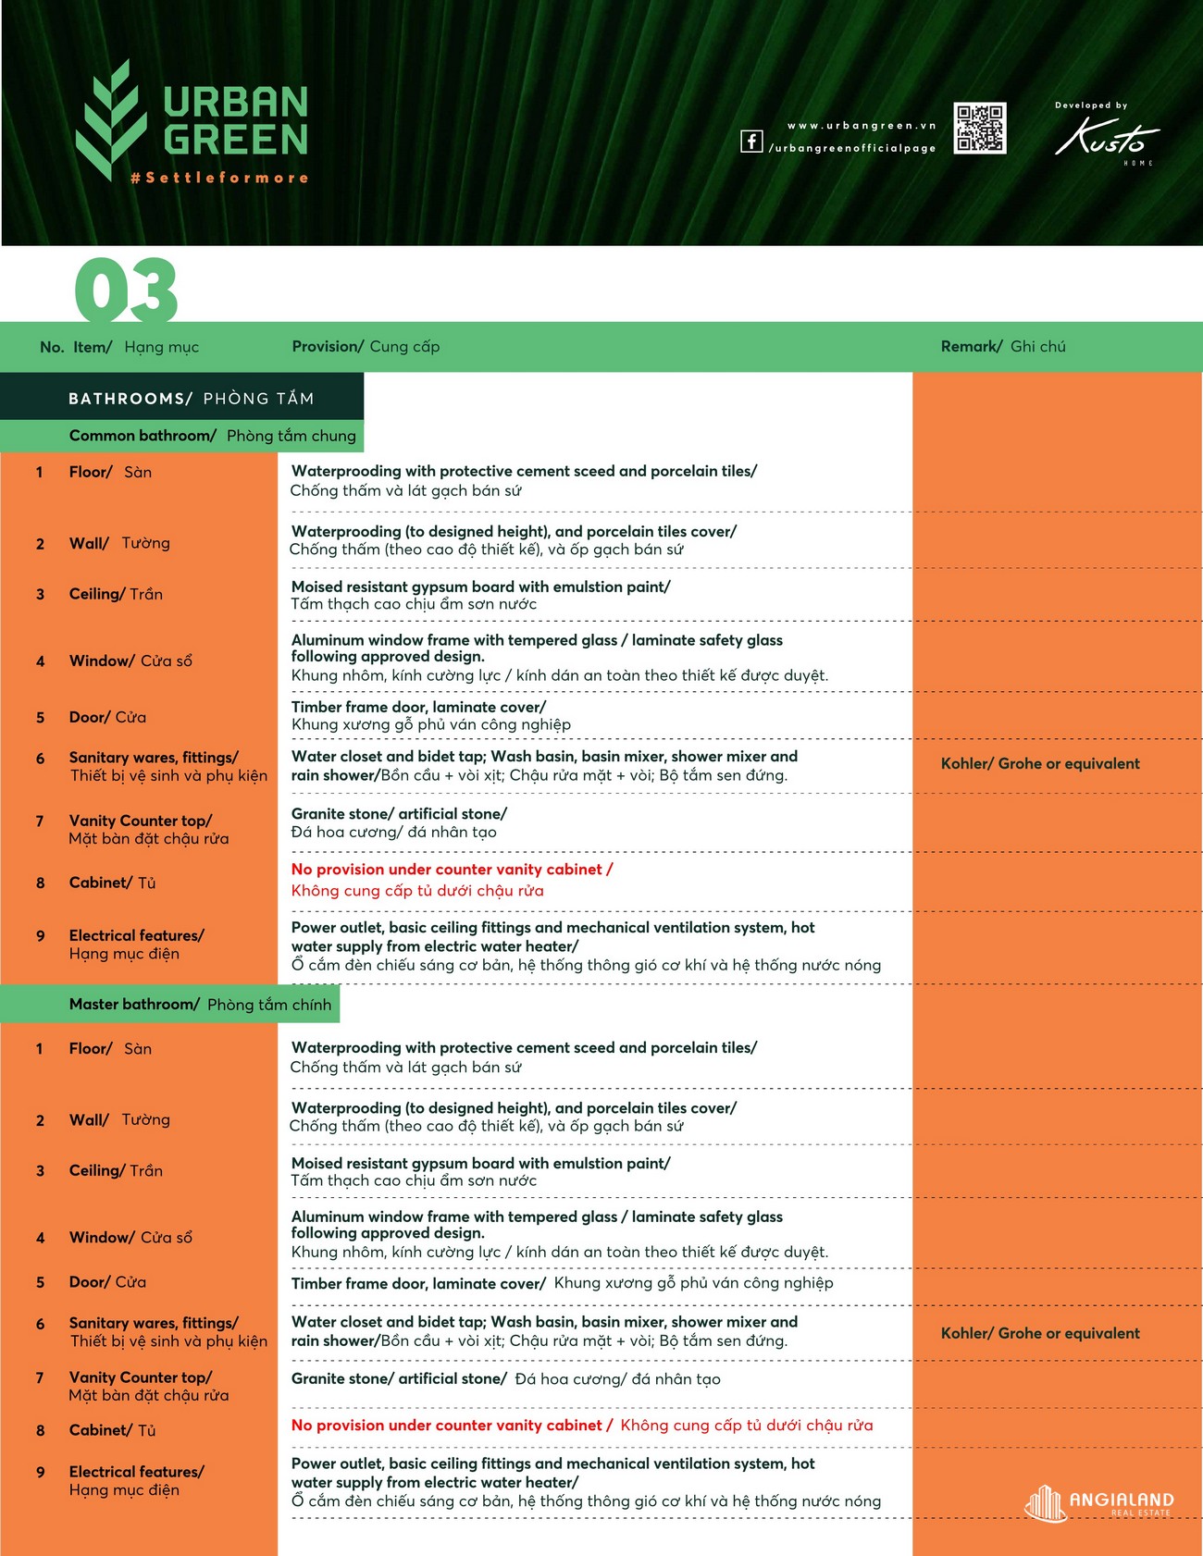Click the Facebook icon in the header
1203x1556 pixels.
[751, 141]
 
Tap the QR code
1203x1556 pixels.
[980, 129]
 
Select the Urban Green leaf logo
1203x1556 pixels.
[110, 119]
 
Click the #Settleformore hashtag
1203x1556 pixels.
[220, 178]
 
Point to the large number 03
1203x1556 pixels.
[126, 290]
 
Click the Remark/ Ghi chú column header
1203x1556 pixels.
[1003, 347]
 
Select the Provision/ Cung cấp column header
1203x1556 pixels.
[366, 347]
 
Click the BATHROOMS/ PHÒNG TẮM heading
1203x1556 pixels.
[191, 399]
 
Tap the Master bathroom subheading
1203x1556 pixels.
[200, 1005]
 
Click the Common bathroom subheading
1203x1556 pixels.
[212, 436]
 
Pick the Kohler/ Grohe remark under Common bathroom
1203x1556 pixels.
[1040, 764]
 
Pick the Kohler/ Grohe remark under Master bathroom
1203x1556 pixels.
[1040, 1334]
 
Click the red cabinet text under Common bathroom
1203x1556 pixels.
[452, 880]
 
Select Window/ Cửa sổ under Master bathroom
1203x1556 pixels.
[130, 1238]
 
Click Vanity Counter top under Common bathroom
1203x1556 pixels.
[148, 830]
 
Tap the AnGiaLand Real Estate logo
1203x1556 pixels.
[1099, 1502]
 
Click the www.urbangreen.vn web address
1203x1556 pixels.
[862, 126]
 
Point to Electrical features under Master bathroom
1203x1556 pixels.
[136, 1481]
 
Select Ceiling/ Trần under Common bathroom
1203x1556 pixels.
[116, 594]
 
